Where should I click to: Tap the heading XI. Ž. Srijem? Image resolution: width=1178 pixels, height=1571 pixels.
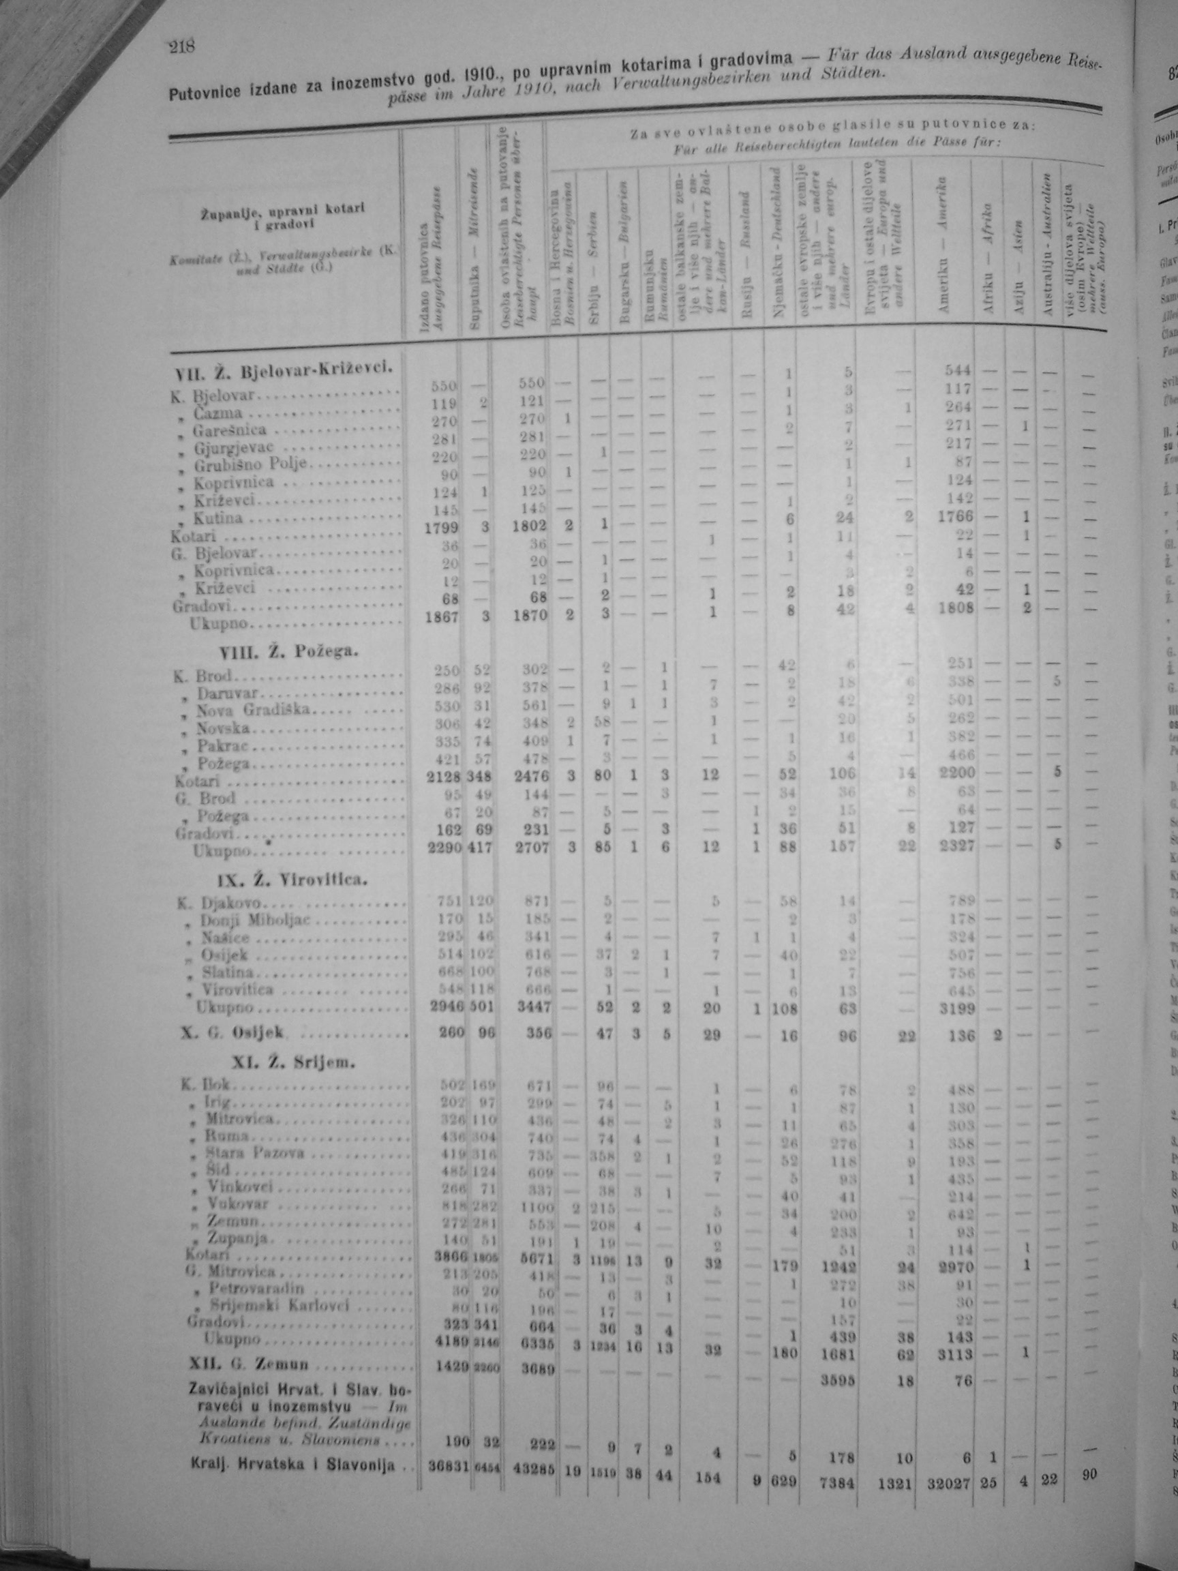click(292, 1063)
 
